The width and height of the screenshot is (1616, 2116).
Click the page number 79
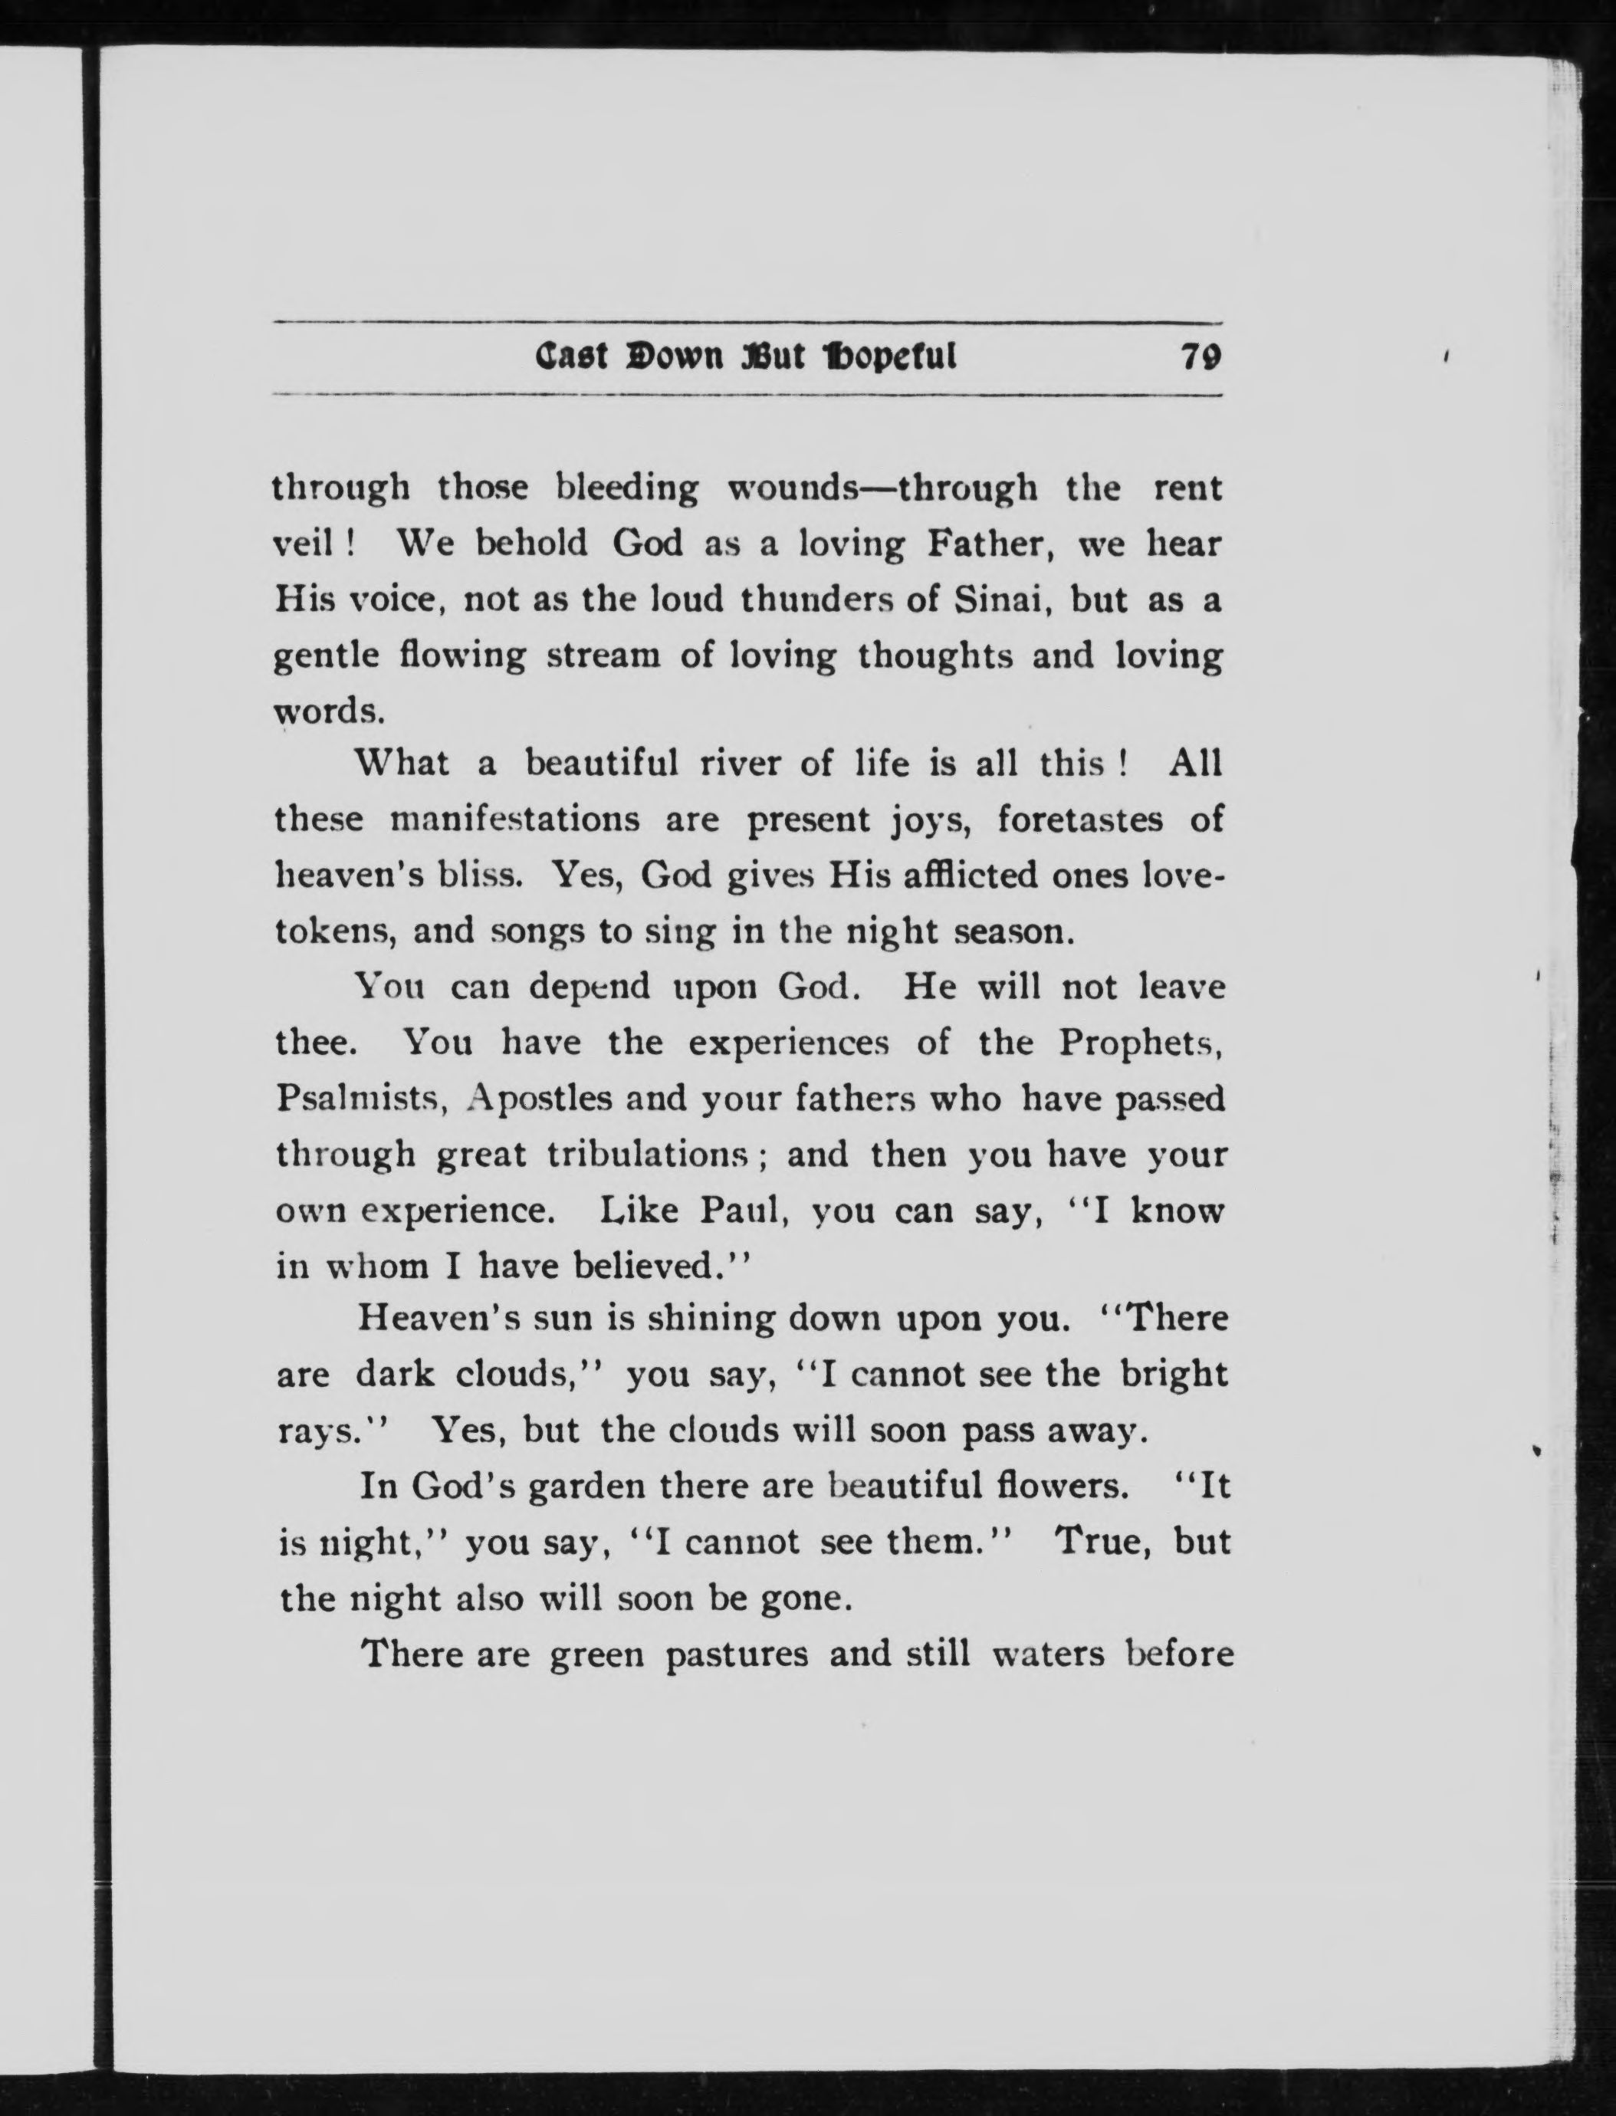coord(1201,358)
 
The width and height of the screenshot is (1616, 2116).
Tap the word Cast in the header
coord(571,358)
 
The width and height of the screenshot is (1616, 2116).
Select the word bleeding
coord(627,488)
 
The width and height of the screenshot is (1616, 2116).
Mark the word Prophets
coord(1140,1043)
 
